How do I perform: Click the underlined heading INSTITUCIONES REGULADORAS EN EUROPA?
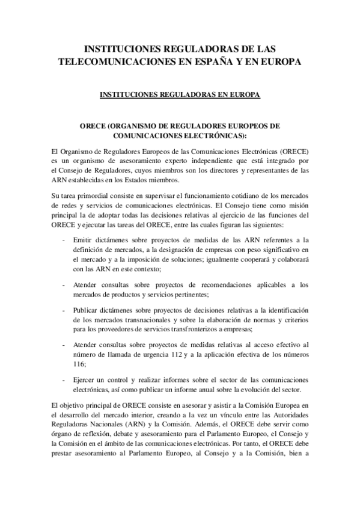(x=180, y=95)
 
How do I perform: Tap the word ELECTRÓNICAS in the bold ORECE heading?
(x=213, y=137)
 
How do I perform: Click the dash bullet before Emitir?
(x=64, y=239)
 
